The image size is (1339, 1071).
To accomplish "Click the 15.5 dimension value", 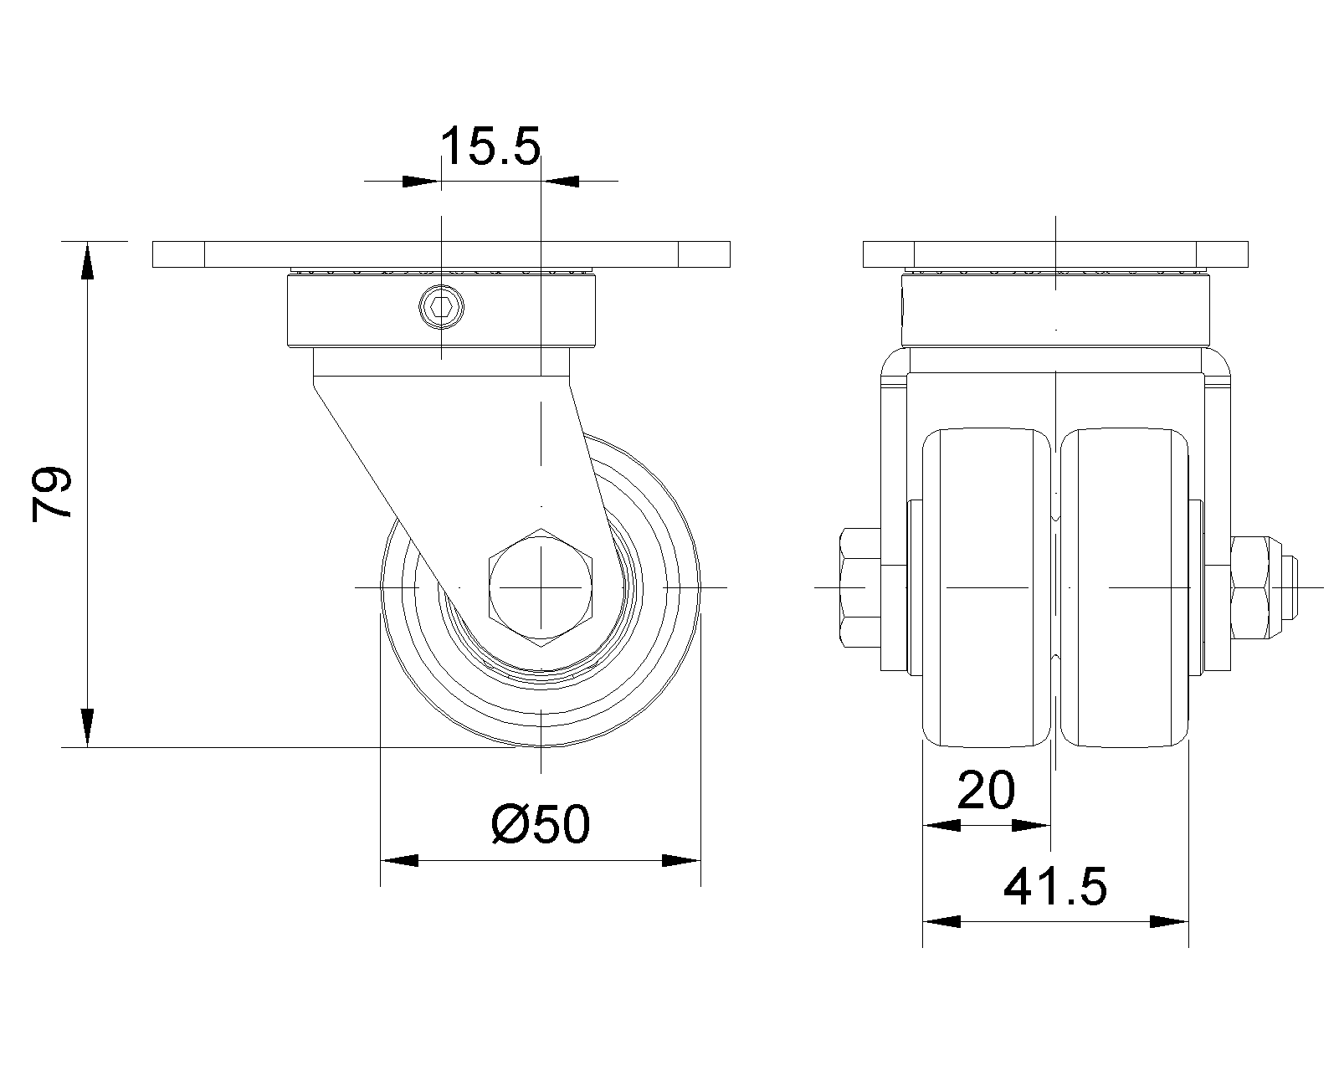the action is (490, 146).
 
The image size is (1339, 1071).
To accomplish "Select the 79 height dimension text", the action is (52, 493).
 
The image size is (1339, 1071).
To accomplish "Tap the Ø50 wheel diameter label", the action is (540, 824).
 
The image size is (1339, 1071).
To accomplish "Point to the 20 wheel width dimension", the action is (986, 790).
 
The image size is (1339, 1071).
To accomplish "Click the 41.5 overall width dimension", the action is (1055, 886).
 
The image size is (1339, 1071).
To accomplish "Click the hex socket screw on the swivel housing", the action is (441, 306).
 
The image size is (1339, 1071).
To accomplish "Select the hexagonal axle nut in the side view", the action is (541, 587).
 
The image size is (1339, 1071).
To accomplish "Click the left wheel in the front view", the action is (987, 587).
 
